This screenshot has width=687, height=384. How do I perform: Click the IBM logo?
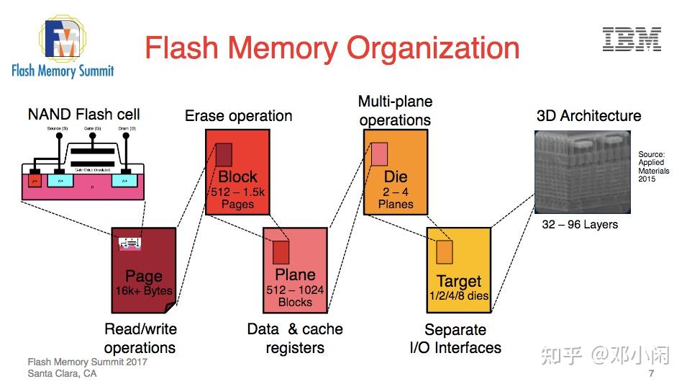pyautogui.click(x=632, y=40)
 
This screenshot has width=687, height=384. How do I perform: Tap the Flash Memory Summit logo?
pyautogui.click(x=63, y=47)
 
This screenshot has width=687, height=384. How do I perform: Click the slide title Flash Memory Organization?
pyautogui.click(x=332, y=48)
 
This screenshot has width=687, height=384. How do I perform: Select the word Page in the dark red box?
pyautogui.click(x=144, y=277)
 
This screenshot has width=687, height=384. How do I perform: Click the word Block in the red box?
pyautogui.click(x=237, y=177)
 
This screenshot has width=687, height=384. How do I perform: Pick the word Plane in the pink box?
pyautogui.click(x=295, y=274)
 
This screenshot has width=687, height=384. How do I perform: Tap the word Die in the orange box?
pyautogui.click(x=396, y=177)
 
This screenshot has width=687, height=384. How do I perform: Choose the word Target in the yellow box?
pyautogui.click(x=458, y=281)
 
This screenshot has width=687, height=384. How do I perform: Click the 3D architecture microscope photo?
pyautogui.click(x=582, y=171)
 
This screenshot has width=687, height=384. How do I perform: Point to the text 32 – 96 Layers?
pyautogui.click(x=580, y=224)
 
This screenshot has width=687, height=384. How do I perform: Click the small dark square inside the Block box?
pyautogui.click(x=224, y=155)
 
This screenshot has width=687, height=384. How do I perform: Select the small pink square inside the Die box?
pyautogui.click(x=380, y=153)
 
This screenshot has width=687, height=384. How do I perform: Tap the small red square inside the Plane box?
pyautogui.click(x=280, y=252)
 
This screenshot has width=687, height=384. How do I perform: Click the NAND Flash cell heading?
pyautogui.click(x=83, y=114)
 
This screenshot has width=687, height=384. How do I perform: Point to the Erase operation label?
pyautogui.click(x=238, y=116)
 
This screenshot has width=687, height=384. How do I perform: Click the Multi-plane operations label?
pyautogui.click(x=395, y=110)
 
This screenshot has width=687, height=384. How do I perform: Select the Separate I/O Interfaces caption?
pyautogui.click(x=455, y=339)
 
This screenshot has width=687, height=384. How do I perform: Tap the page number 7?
pyautogui.click(x=651, y=374)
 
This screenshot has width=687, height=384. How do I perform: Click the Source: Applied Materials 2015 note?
pyautogui.click(x=653, y=166)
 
